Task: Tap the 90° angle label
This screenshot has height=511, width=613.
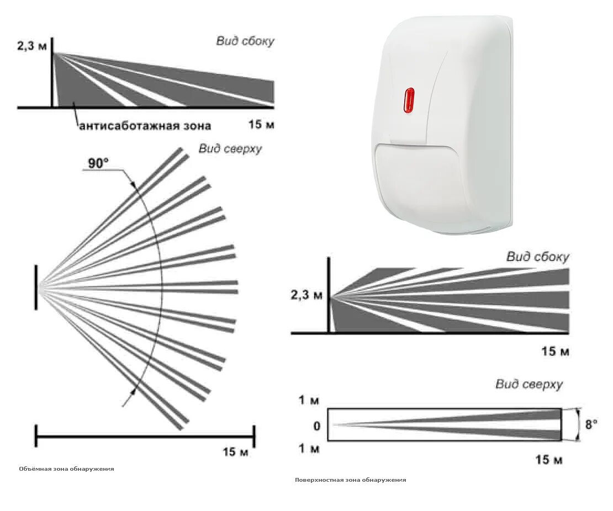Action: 98,163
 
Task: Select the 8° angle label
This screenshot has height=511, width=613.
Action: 591,424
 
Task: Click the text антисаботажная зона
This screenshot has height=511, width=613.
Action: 145,126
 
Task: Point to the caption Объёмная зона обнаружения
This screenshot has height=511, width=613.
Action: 66,469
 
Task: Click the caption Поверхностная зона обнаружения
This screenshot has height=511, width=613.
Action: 350,480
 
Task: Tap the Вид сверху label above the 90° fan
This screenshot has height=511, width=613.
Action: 230,149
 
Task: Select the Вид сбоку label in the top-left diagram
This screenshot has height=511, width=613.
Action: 245,41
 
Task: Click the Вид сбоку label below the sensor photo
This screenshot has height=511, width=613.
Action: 537,257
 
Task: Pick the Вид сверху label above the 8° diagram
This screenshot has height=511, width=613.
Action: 529,385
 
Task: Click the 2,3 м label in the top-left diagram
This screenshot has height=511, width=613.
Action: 32,46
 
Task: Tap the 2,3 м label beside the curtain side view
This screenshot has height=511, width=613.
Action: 306,295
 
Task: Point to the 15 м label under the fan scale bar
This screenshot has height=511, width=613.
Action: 236,453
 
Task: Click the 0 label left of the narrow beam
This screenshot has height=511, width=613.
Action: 316,426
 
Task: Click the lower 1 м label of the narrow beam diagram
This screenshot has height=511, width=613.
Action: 309,449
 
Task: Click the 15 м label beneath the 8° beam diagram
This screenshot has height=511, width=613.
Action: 549,460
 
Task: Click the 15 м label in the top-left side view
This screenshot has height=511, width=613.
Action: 261,125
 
